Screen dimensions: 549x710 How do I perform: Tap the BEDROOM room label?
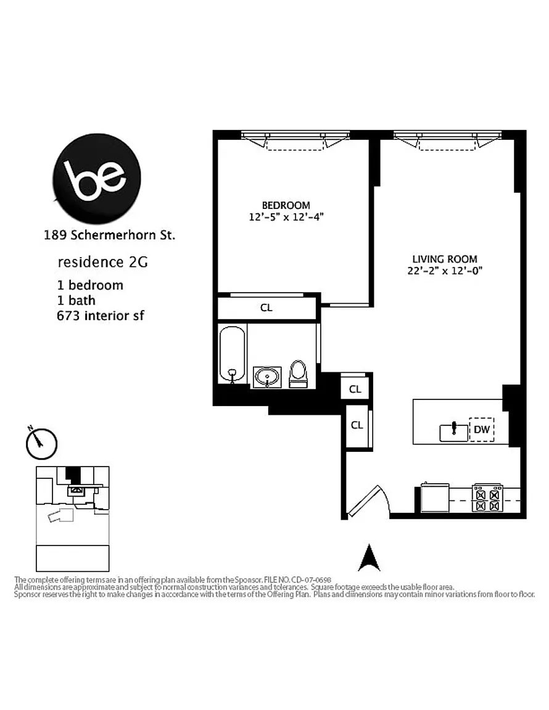pos(286,205)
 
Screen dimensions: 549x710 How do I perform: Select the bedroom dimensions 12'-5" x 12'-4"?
pos(286,217)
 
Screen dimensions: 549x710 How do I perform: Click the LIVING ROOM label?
pos(445,259)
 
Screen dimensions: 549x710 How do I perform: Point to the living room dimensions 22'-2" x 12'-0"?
pos(445,271)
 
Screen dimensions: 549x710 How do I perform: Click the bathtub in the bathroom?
pos(232,355)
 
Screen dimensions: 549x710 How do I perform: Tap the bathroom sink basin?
pos(267,377)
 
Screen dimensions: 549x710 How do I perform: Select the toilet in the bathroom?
pos(299,374)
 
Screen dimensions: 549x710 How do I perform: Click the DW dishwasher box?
pos(481,429)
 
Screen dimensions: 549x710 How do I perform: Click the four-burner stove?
pos(487,498)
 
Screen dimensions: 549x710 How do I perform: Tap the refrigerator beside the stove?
pos(435,497)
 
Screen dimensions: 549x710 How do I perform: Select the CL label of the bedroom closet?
pos(266,308)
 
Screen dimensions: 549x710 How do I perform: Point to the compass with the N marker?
pos(41,443)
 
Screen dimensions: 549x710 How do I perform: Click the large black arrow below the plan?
pos(369,557)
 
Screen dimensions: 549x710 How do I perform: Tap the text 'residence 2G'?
pos(102,262)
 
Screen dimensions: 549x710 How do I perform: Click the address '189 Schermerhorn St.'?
pos(109,235)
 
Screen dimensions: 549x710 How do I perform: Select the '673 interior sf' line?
pos(100,316)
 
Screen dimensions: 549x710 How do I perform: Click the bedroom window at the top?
pos(295,140)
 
